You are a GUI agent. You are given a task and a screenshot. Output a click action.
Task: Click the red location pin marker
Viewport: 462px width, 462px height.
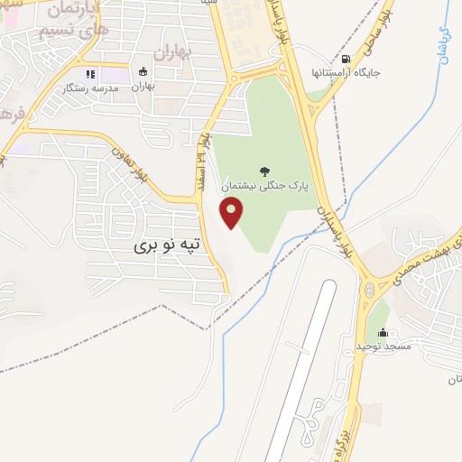[233, 214]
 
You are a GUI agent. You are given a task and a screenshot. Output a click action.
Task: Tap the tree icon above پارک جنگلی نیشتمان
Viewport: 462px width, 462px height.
[263, 171]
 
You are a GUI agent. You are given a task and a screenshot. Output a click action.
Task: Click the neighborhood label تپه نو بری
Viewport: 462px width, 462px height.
[166, 245]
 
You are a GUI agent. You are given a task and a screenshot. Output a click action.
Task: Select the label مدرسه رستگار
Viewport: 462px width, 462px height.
[88, 88]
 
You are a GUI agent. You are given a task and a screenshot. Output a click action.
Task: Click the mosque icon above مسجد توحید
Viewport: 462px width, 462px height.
[383, 330]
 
